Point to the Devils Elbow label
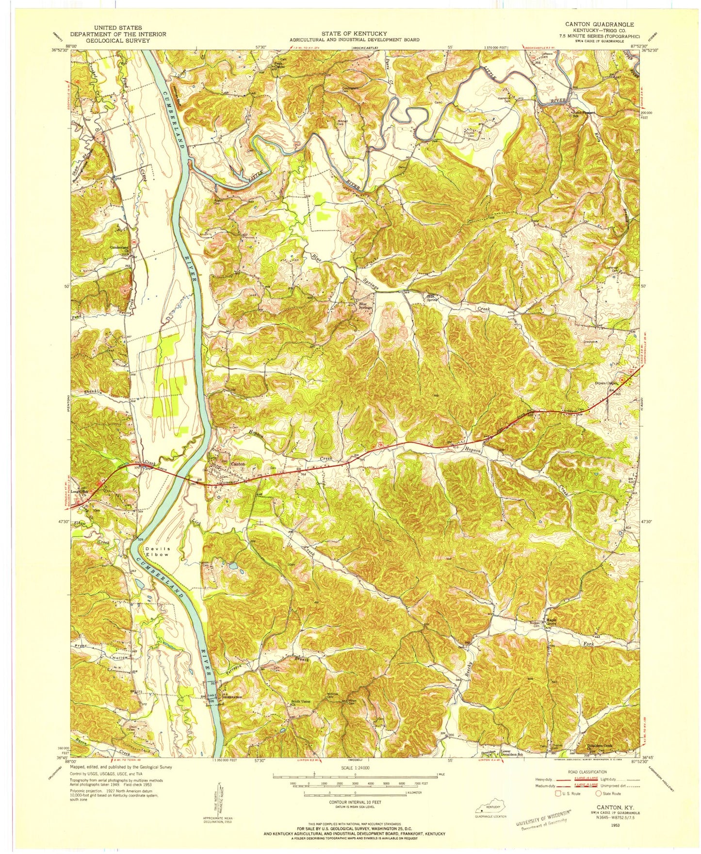(x=156, y=551)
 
